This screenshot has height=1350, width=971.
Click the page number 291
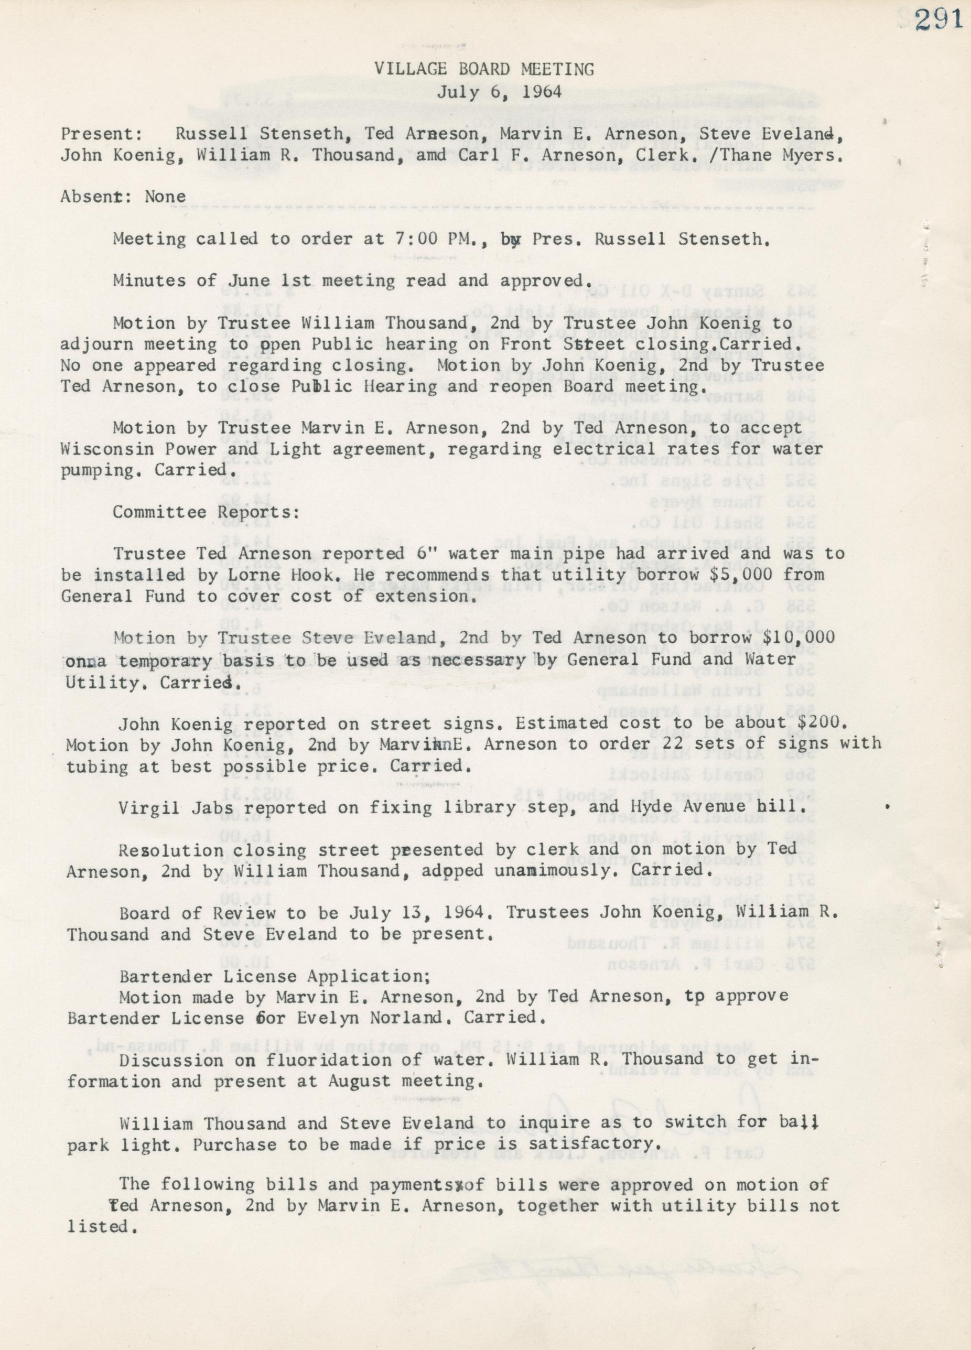(x=939, y=21)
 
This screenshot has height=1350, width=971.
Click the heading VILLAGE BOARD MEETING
(x=484, y=70)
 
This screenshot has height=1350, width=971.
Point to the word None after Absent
(x=166, y=197)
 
